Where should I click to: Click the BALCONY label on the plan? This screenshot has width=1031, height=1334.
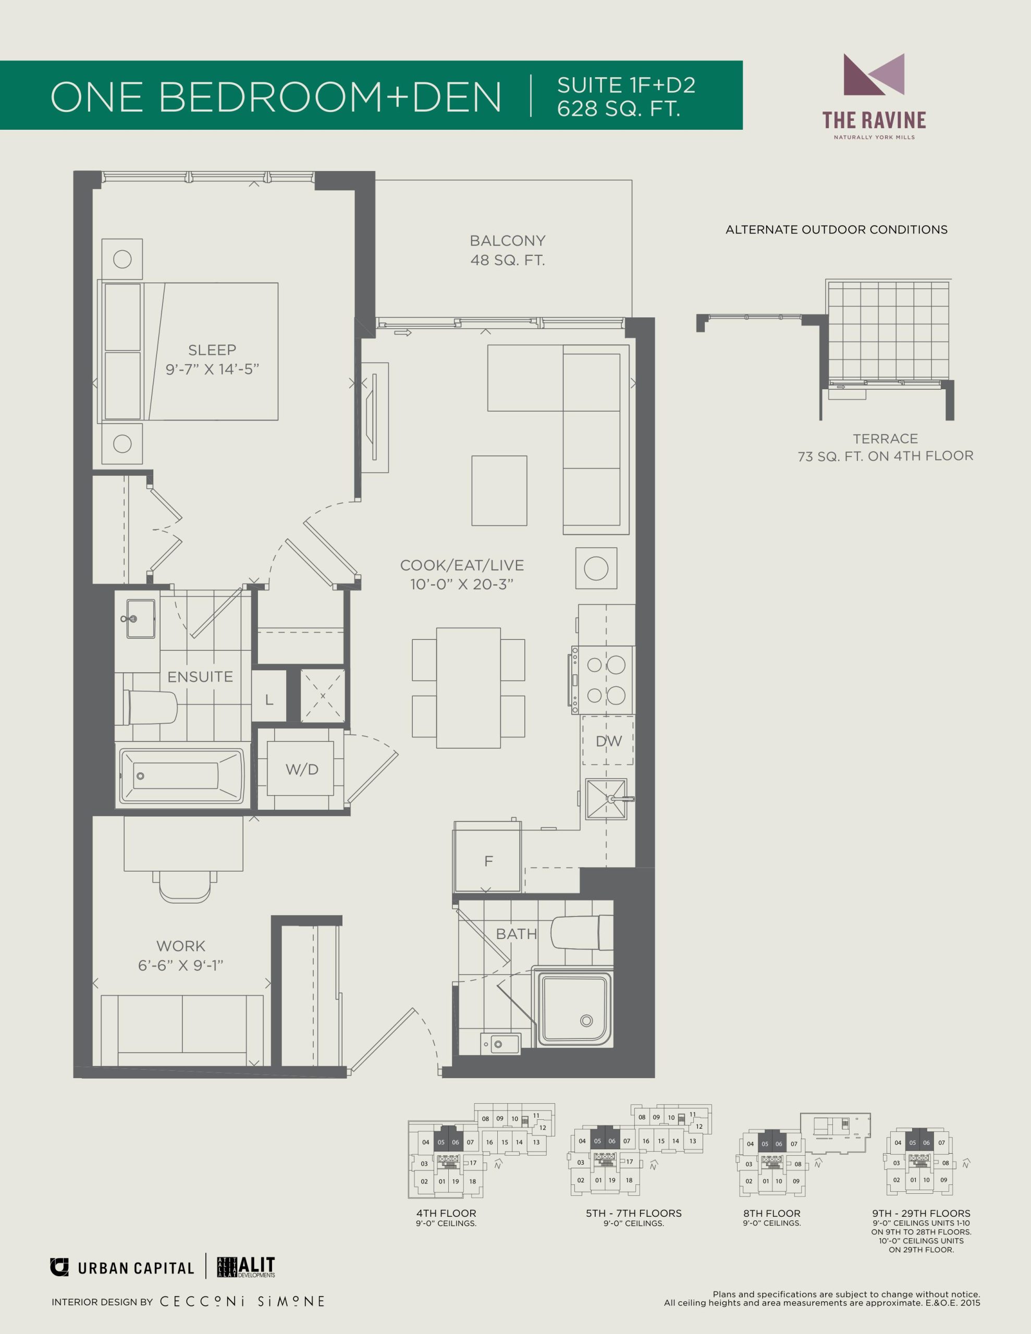507,241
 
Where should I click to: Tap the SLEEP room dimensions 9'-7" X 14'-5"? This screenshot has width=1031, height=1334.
213,369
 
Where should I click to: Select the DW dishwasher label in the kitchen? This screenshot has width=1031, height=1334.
609,741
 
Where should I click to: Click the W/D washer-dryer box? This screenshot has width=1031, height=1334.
301,769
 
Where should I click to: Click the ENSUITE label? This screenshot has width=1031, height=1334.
201,677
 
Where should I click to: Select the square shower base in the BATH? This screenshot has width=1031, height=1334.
573,1005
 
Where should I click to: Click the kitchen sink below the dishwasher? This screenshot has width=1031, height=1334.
606,798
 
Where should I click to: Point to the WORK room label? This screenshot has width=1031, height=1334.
181,946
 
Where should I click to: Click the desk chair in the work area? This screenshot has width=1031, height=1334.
185,886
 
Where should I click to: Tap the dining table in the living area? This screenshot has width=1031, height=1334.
468,688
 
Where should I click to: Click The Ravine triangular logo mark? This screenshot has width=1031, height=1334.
874,75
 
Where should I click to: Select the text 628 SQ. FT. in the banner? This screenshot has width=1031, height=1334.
619,109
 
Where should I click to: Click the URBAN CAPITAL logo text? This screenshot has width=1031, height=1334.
136,1269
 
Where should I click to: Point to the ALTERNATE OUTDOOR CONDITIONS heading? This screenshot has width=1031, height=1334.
836,230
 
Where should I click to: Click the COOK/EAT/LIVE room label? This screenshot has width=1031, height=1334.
462,565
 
